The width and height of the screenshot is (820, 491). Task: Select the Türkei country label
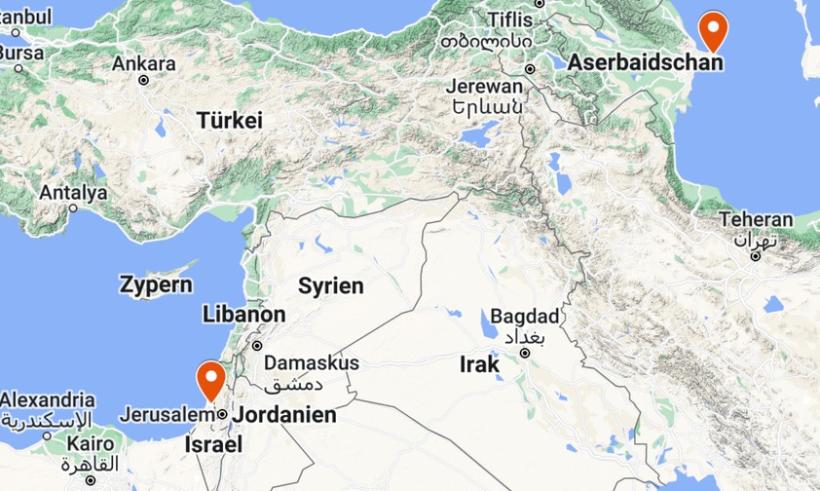click(x=230, y=121)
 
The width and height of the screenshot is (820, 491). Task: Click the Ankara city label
click(x=144, y=64)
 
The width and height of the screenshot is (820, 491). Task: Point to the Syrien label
click(x=330, y=285)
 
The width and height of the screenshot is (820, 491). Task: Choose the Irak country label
click(x=479, y=365)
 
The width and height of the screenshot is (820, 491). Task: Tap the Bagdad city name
click(x=525, y=317)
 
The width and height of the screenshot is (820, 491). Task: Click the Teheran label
click(x=757, y=220)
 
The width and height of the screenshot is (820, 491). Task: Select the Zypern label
click(x=156, y=285)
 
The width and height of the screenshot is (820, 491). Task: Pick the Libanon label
click(x=244, y=315)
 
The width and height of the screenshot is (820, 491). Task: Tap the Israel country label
click(x=212, y=445)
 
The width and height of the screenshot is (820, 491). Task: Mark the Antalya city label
click(x=73, y=193)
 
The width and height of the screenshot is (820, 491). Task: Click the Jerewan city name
click(x=484, y=86)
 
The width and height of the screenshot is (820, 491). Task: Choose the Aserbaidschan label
click(x=646, y=63)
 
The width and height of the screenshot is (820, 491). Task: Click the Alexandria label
click(x=48, y=399)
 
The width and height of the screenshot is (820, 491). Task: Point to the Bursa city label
click(x=21, y=53)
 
